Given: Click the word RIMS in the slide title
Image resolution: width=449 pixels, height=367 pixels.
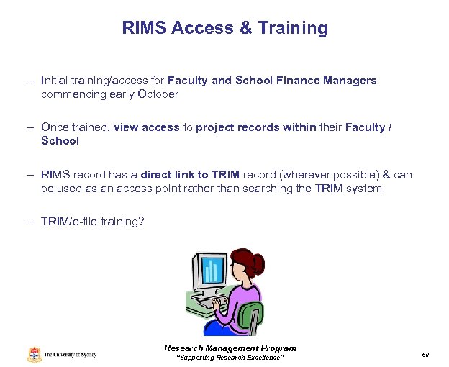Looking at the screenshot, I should coord(143,28).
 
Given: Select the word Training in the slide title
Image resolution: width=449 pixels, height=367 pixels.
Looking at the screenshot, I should coord(293,28).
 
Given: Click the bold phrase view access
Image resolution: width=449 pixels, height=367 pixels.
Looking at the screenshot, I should coord(146,127).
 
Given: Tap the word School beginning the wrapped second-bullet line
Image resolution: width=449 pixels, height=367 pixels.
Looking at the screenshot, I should coord(60,141).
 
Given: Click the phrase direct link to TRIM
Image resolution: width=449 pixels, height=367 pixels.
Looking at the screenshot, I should coord(190,175).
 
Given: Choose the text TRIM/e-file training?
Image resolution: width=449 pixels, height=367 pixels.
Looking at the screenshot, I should coord(93,222).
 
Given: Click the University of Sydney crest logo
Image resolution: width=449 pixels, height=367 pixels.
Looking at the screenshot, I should coord(35,354).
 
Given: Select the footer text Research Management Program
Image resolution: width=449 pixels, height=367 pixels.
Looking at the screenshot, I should coord(230,348).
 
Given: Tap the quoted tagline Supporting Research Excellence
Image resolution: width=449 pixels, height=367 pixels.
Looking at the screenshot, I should coord(230,358).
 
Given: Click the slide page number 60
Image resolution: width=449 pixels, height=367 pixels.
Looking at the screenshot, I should coord(425,354).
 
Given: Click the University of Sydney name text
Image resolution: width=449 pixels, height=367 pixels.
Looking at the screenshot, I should coord(70,355).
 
